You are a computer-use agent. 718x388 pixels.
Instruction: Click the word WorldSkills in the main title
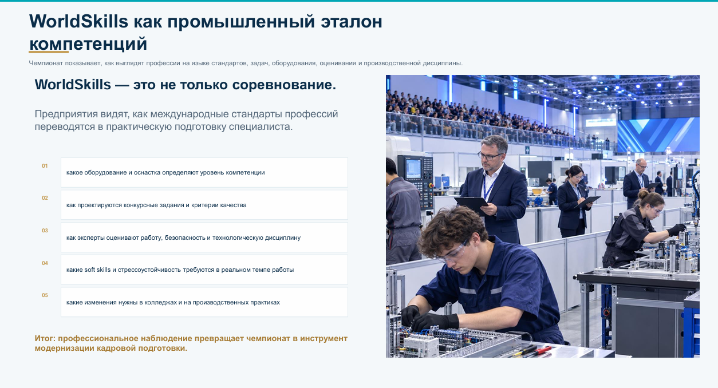pos(78,22)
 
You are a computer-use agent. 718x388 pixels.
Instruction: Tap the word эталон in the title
pos(352,22)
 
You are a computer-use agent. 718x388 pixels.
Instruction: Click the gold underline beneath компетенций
pos(49,52)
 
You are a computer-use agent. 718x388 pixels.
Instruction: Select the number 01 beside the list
pos(45,166)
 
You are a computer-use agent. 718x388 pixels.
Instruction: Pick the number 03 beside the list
pos(45,231)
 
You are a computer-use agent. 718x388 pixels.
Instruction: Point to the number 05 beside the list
pos(45,295)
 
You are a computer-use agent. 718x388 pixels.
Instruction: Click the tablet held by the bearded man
pos(471,204)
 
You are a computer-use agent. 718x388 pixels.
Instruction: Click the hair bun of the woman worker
pos(643,194)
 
